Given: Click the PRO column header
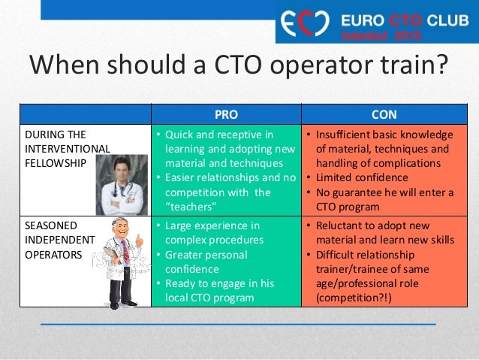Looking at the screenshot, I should point(226,114).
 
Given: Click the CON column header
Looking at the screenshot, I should point(384,114).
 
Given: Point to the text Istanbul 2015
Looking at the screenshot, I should point(382,35).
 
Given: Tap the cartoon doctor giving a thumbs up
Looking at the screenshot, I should point(120,260).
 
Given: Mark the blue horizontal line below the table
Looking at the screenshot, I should point(238,324).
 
